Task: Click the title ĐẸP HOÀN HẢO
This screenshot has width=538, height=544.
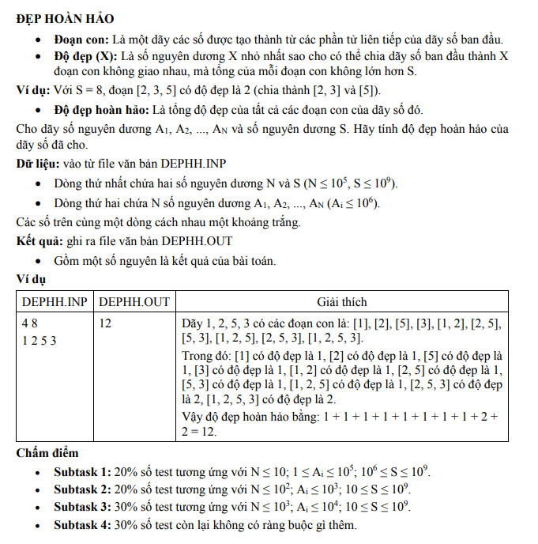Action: (x=65, y=18)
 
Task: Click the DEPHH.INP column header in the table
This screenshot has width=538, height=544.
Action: (x=55, y=301)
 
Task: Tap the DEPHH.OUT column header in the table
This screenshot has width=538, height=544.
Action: (x=134, y=301)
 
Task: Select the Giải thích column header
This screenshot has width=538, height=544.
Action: (x=341, y=301)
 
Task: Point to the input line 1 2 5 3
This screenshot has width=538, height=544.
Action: (x=40, y=341)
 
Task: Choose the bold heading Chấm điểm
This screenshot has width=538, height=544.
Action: (x=47, y=452)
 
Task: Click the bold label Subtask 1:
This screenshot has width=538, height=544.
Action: (x=82, y=472)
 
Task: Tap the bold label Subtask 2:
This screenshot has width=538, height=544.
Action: (x=82, y=489)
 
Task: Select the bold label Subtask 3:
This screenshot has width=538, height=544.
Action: (x=82, y=507)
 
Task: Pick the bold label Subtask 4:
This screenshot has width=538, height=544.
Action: (x=82, y=525)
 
